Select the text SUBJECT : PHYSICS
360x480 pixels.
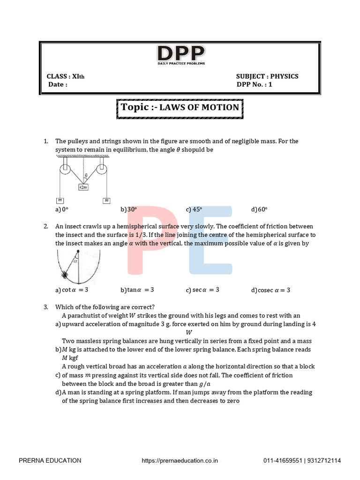pos(267,76)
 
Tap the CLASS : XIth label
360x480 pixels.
pos(66,76)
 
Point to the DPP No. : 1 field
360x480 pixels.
pos(255,85)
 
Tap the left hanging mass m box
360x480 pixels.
pos(60,201)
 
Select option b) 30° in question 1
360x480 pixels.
pos(129,210)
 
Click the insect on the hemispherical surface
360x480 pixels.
pos(65,275)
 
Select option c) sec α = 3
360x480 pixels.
pos(202,290)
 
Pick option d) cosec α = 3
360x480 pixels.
pos(271,290)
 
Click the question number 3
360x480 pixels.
pos(46,307)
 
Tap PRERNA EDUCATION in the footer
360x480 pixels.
pos(50,461)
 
